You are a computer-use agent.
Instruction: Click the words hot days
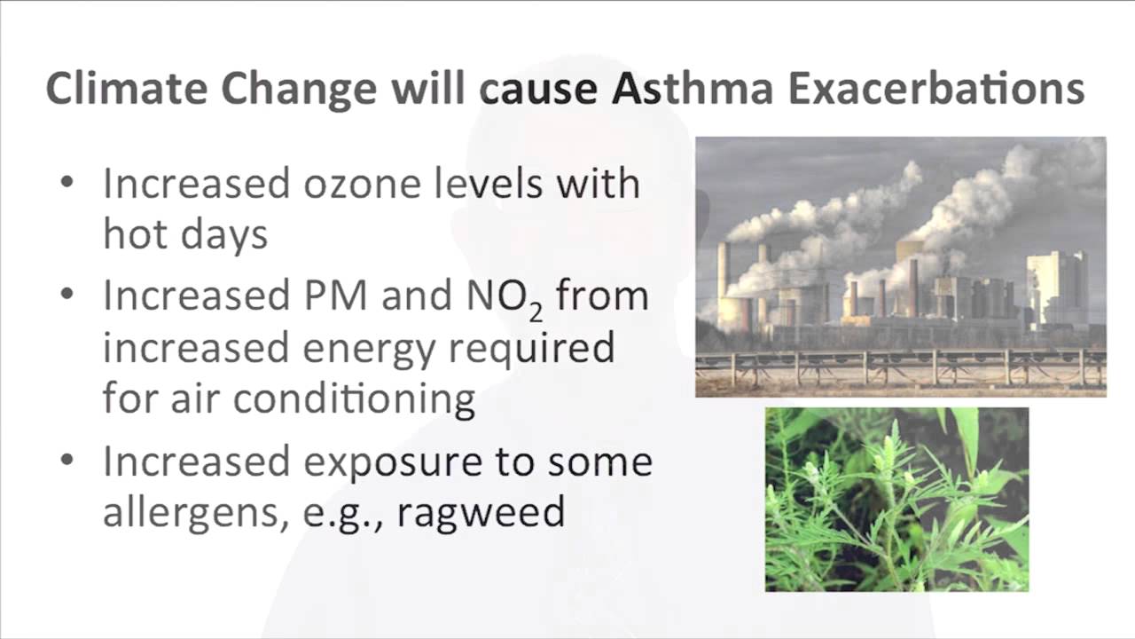pyautogui.click(x=185, y=233)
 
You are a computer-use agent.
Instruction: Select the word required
pyautogui.click(x=531, y=348)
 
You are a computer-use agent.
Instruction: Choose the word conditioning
pyautogui.click(x=354, y=398)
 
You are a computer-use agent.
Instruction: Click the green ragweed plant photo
pyautogui.click(x=896, y=499)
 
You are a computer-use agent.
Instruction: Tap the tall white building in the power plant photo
pyautogui.click(x=1056, y=288)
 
